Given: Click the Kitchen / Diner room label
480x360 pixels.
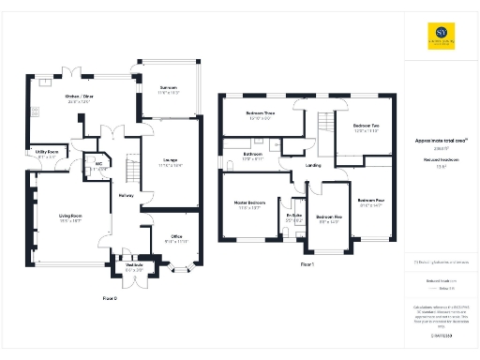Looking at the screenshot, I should tap(80, 97).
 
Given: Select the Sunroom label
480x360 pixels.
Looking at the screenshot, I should tap(169, 89).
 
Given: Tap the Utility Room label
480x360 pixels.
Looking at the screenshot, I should tap(47, 151).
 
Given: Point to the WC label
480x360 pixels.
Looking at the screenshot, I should tap(97, 163).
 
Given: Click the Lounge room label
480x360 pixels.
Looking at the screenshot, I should tap(170, 159).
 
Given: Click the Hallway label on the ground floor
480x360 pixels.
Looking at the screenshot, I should tap(127, 195).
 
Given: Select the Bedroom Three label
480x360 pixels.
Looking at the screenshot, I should tap(260, 113).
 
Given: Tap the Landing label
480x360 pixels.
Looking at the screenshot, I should tap(313, 166).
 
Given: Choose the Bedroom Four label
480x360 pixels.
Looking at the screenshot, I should tap(371, 201).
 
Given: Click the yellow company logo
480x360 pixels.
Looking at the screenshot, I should tap(441, 37).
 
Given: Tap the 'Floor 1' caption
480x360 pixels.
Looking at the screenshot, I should tap(306, 265).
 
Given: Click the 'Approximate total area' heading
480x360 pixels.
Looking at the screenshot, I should tap(441, 141).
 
